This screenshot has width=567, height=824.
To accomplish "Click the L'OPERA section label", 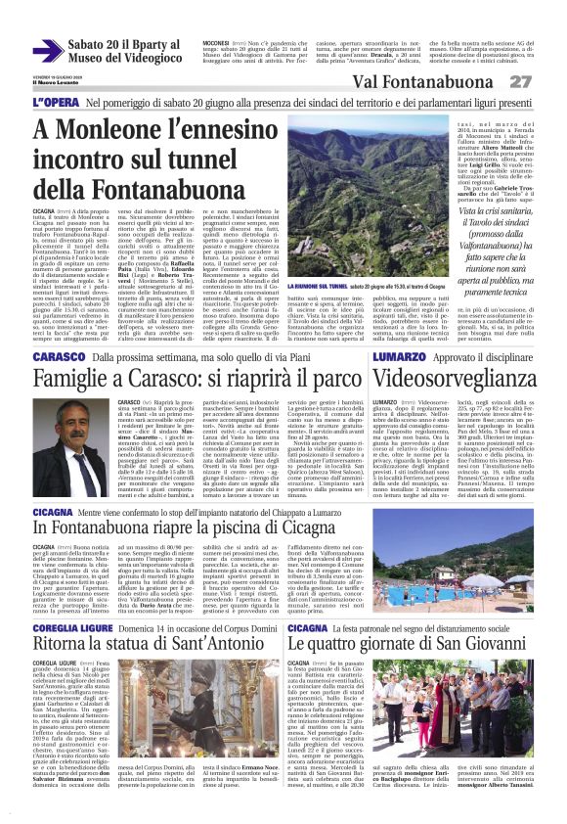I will click(53, 102).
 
